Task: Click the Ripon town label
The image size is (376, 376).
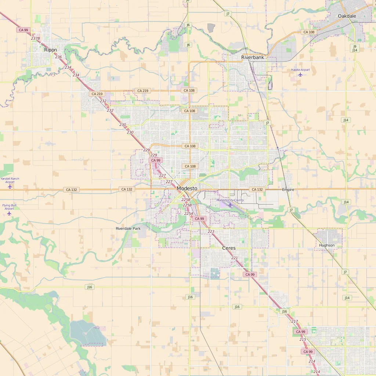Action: (50, 50)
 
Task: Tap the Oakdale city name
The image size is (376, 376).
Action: (347, 16)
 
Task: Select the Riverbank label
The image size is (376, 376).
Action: (253, 58)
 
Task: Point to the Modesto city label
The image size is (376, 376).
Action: (187, 188)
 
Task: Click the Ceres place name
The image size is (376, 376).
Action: (229, 248)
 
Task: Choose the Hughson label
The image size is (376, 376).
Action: (327, 245)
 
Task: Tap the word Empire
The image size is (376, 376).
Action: (288, 190)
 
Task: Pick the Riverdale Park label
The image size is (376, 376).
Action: (128, 228)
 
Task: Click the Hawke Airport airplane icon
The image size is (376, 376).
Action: (300, 75)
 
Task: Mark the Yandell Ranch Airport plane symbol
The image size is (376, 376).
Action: (10, 187)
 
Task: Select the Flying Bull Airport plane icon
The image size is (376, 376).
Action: (9, 213)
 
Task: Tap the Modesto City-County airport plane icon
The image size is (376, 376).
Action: (230, 205)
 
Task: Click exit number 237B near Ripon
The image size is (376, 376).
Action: (35, 38)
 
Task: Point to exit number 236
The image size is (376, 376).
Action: (58, 57)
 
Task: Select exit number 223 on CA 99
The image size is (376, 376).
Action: (211, 232)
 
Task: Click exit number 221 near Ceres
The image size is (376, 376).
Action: (234, 258)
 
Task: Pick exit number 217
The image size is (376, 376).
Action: (294, 321)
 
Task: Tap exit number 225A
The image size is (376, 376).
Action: (188, 213)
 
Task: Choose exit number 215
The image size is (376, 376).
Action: (303, 339)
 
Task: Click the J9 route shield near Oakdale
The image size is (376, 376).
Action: (355, 46)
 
